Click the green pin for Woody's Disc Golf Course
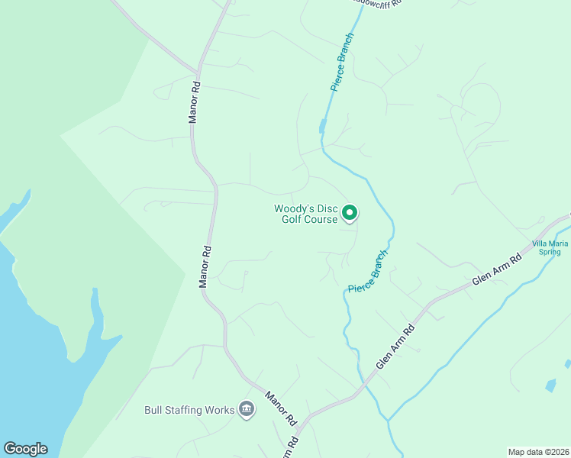click(349, 213)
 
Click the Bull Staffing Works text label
click(189, 410)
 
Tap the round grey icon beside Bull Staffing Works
click(247, 410)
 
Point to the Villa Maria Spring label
click(550, 247)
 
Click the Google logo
click(25, 449)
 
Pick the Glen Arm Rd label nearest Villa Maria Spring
click(496, 270)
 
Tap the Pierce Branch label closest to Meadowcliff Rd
click(343, 62)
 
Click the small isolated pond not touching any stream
click(550, 385)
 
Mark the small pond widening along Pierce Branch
click(324, 126)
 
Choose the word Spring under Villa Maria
click(550, 252)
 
